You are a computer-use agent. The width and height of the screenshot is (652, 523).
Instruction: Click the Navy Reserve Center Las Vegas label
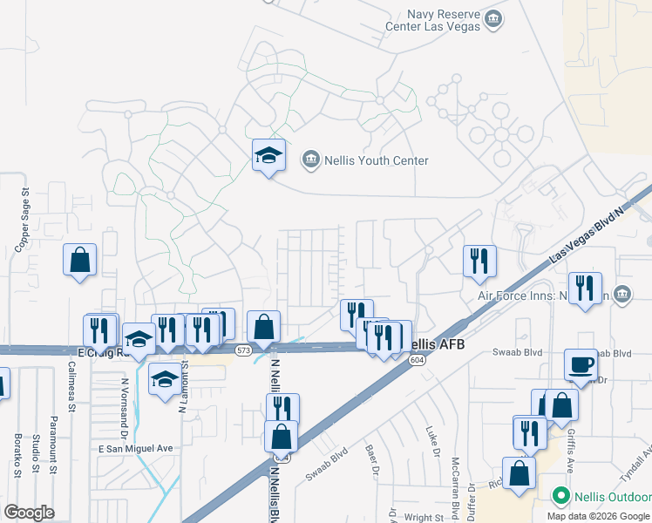click(x=433, y=19)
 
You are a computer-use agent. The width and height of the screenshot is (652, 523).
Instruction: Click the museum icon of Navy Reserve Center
click(x=494, y=18)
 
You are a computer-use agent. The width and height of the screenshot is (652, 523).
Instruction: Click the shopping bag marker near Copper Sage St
click(x=79, y=261)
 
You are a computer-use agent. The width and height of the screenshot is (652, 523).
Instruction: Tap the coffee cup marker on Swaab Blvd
click(x=581, y=364)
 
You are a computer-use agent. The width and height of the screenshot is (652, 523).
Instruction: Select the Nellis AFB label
click(x=433, y=345)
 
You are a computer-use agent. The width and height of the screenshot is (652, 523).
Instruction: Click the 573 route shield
click(x=243, y=350)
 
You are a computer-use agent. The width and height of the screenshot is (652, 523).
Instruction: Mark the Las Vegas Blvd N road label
click(x=589, y=235)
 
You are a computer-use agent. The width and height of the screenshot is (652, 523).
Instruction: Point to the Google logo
click(x=30, y=512)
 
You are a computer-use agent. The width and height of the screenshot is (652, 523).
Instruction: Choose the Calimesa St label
click(x=71, y=384)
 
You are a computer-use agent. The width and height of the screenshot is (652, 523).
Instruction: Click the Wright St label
click(x=424, y=516)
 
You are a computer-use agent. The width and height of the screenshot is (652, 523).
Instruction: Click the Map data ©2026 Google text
click(x=598, y=516)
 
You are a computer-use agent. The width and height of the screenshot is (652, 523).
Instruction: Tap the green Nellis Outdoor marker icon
click(x=564, y=498)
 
